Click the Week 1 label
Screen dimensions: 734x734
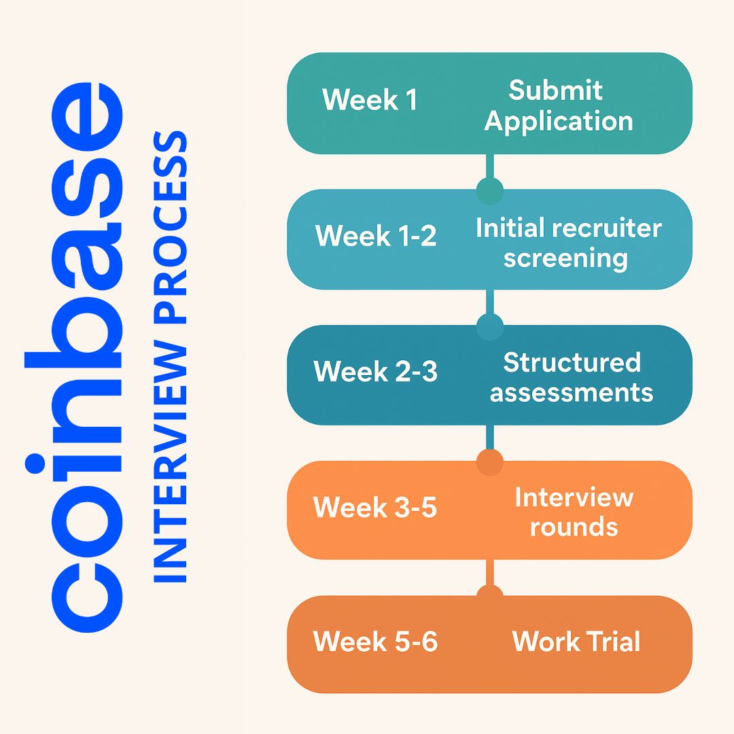point(370,100)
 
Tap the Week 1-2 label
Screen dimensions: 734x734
point(376,237)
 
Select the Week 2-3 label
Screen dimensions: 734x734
point(375,372)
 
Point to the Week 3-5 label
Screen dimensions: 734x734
point(374,507)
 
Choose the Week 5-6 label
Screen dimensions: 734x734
point(375,642)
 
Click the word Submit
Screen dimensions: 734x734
point(555,90)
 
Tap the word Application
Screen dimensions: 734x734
point(558,122)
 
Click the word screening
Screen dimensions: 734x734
point(565,258)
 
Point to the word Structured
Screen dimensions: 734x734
point(572,362)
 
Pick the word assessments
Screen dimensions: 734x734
point(572,393)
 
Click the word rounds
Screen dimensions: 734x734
point(574,527)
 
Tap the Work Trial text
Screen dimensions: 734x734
point(576,642)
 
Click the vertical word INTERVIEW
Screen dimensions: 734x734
point(168,462)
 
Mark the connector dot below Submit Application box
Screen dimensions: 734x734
point(489,191)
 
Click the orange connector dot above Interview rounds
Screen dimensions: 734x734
point(489,463)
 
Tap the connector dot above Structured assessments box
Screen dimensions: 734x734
point(489,327)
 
